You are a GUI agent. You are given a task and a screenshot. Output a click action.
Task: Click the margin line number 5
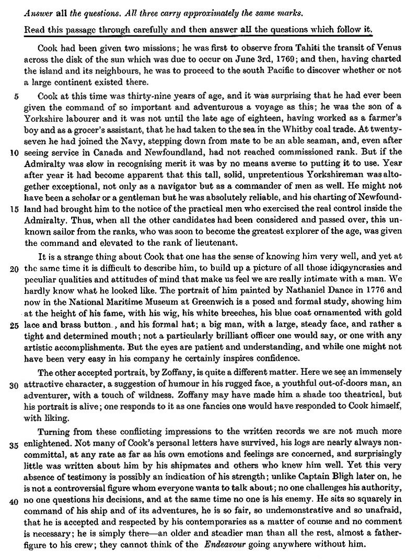coord(16,96)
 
